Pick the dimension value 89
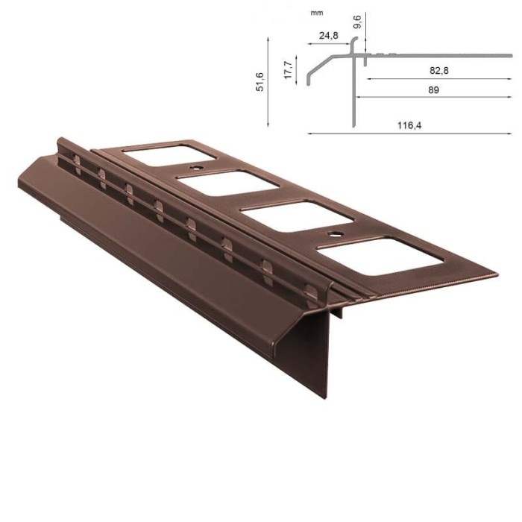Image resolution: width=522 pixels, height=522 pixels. tap(433, 89)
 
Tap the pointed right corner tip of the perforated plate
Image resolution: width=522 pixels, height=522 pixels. tap(497, 275)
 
